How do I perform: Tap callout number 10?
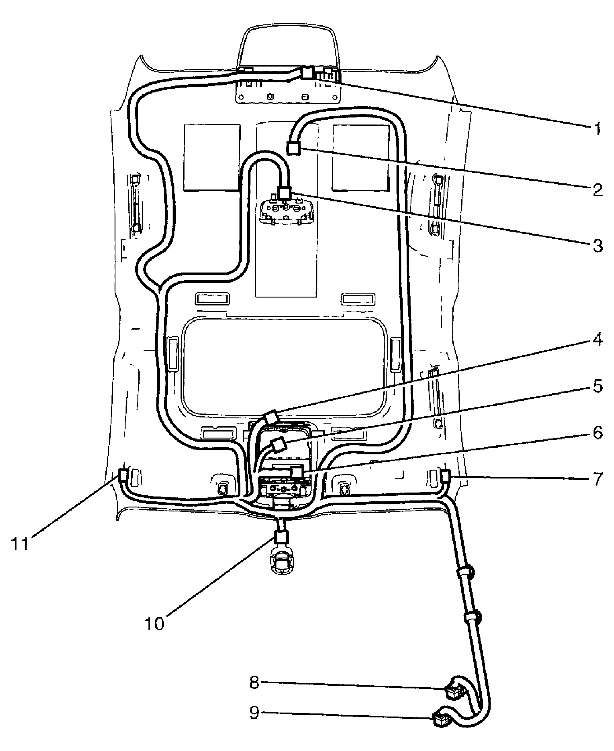click(x=155, y=624)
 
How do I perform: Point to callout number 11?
click(x=20, y=544)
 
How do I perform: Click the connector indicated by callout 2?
click(x=294, y=148)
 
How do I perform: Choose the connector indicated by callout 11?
click(x=122, y=475)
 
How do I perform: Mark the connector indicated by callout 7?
click(x=445, y=476)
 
